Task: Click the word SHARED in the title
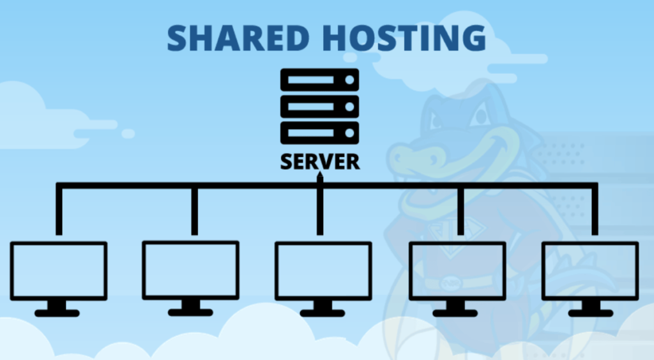pos(238,38)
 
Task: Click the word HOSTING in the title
pos(404,38)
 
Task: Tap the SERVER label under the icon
pos(320,161)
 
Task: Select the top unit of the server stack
pos(319,80)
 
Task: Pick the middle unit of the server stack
pos(319,106)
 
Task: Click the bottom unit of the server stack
pos(319,133)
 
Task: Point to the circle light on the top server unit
pos(349,80)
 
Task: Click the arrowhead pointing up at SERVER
pos(320,176)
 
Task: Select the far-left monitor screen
pos(59,271)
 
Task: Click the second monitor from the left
pos(190,270)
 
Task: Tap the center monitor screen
pos(323,271)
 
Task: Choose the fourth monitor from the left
pos(457,271)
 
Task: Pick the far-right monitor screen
pos(590,271)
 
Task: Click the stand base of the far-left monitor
pos(57,313)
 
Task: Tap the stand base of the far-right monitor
pos(591,313)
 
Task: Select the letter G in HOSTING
pos(472,38)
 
